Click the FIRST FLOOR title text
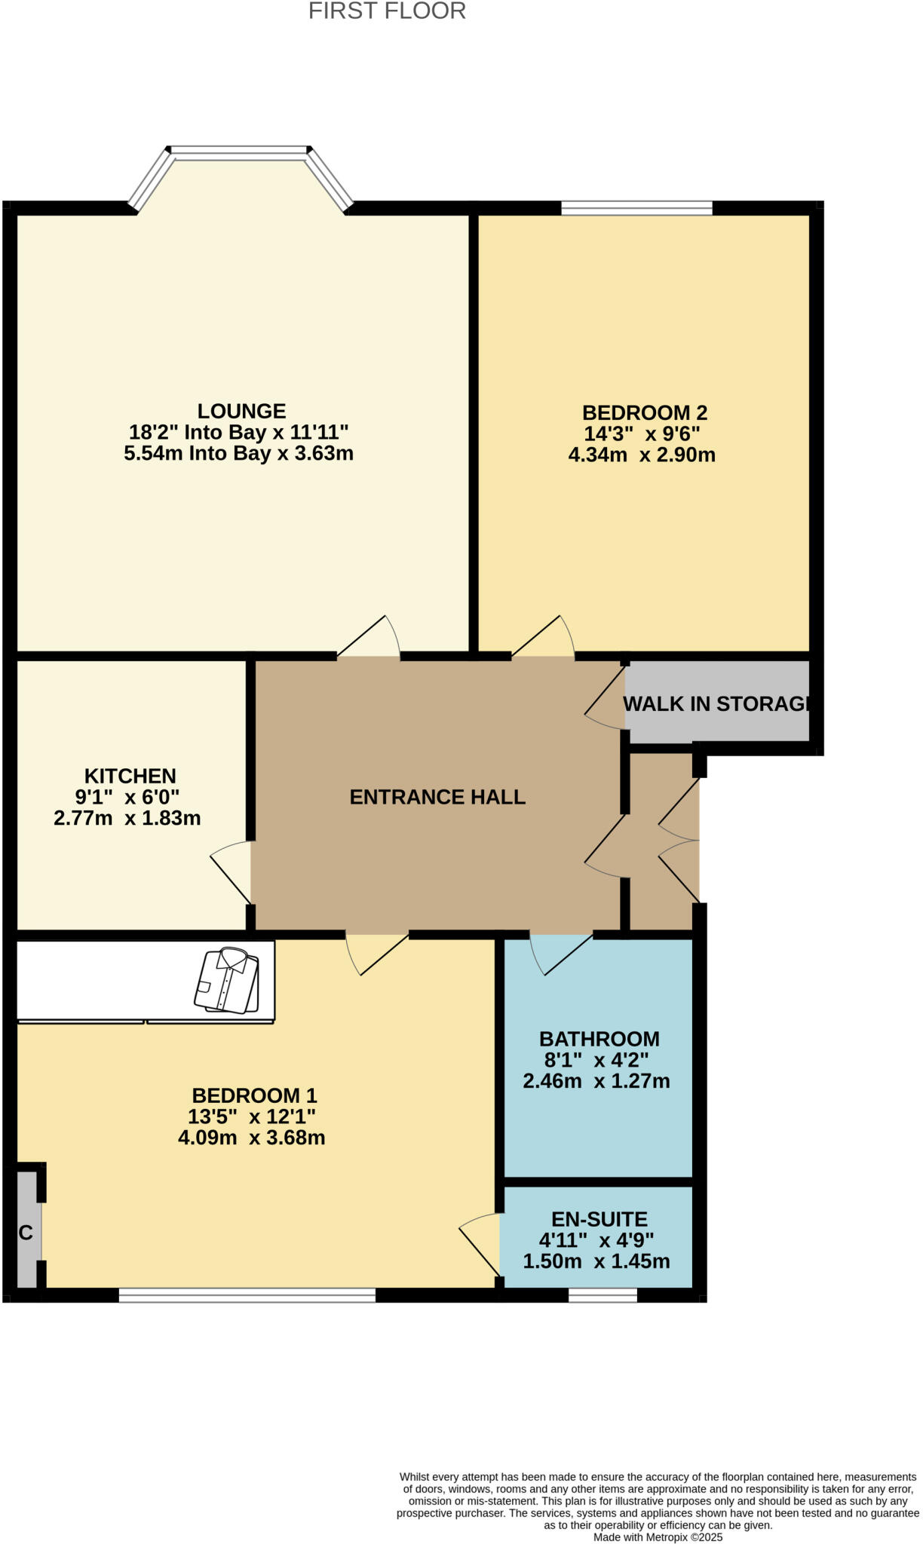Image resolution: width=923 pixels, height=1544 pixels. pyautogui.click(x=387, y=11)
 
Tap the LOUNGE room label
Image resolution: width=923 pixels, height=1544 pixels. pyautogui.click(x=241, y=411)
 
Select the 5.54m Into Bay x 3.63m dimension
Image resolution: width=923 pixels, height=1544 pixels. pyautogui.click(x=238, y=453)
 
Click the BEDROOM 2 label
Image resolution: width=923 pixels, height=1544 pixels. pyautogui.click(x=644, y=412)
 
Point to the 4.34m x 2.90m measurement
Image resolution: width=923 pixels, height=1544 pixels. pyautogui.click(x=641, y=455)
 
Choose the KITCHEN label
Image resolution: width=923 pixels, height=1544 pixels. pyautogui.click(x=130, y=776)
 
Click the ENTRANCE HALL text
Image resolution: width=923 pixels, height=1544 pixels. pyautogui.click(x=437, y=797)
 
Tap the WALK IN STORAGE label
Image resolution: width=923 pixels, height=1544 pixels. pyautogui.click(x=716, y=703)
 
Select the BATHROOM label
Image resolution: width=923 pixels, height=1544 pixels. pyautogui.click(x=599, y=1039)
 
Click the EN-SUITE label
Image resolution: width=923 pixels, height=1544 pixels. pyautogui.click(x=599, y=1219)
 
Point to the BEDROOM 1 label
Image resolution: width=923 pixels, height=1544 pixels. pyautogui.click(x=254, y=1095)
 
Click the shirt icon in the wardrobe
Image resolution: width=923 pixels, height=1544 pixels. pyautogui.click(x=227, y=980)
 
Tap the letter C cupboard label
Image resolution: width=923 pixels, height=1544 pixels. pyautogui.click(x=26, y=1233)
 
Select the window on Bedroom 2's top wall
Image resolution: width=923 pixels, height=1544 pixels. pyautogui.click(x=636, y=207)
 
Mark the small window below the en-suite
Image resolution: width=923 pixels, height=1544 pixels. pyautogui.click(x=603, y=1295)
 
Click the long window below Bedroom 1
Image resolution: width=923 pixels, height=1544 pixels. pyautogui.click(x=247, y=1295)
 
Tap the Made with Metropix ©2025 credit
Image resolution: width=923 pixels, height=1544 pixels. pyautogui.click(x=658, y=1536)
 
